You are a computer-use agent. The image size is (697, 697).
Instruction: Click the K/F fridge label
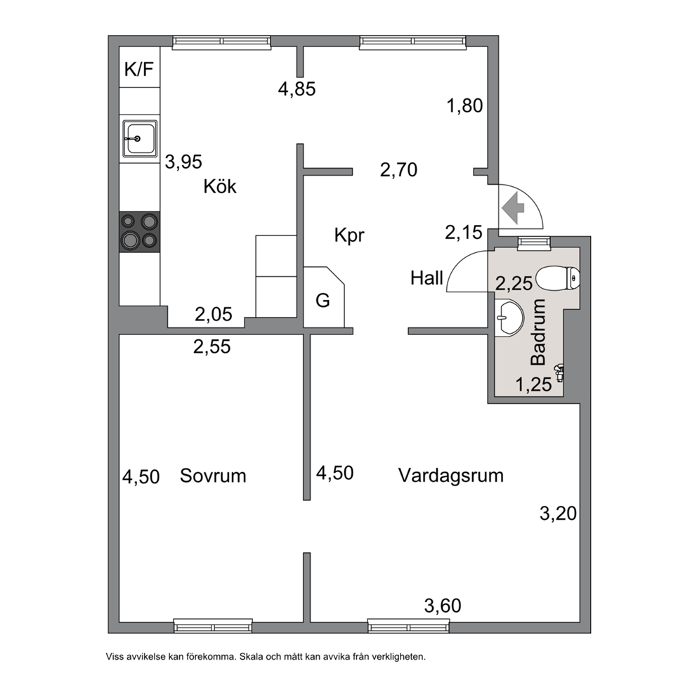click(139, 70)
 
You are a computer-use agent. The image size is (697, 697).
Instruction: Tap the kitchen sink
click(140, 138)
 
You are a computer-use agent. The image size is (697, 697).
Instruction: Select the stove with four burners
click(140, 232)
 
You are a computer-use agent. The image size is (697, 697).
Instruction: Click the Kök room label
click(220, 186)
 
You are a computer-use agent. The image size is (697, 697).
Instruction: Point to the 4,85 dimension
click(297, 89)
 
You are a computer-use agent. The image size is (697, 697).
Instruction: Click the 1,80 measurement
click(464, 106)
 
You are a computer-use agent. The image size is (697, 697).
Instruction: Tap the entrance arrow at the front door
click(512, 207)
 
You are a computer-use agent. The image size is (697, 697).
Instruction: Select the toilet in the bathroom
click(557, 279)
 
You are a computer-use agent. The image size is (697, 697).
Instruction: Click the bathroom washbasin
click(509, 318)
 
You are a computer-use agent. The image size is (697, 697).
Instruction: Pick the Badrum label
click(538, 332)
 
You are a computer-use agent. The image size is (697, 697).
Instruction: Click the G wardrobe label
click(323, 301)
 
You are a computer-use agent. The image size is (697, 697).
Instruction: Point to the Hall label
click(426, 278)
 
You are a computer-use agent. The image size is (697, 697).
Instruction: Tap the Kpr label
click(349, 235)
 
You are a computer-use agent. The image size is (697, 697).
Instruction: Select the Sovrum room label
click(213, 476)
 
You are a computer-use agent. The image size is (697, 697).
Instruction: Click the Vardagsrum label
click(451, 476)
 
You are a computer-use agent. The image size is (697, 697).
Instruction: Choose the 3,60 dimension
click(443, 606)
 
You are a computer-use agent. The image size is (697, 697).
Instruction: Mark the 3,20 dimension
click(559, 514)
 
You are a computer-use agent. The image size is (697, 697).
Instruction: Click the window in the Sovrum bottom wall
click(213, 626)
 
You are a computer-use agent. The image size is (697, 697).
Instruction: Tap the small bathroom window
click(534, 242)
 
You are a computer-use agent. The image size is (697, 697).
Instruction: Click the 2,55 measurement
click(212, 346)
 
